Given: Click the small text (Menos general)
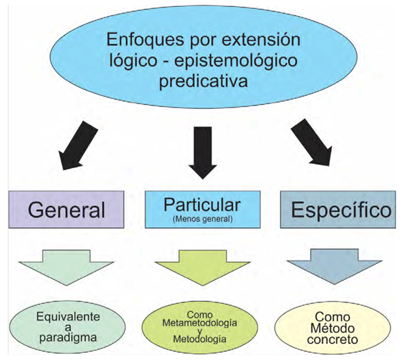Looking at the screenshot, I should pyautogui.click(x=202, y=220).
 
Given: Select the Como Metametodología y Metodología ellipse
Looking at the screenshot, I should pyautogui.click(x=199, y=326).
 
